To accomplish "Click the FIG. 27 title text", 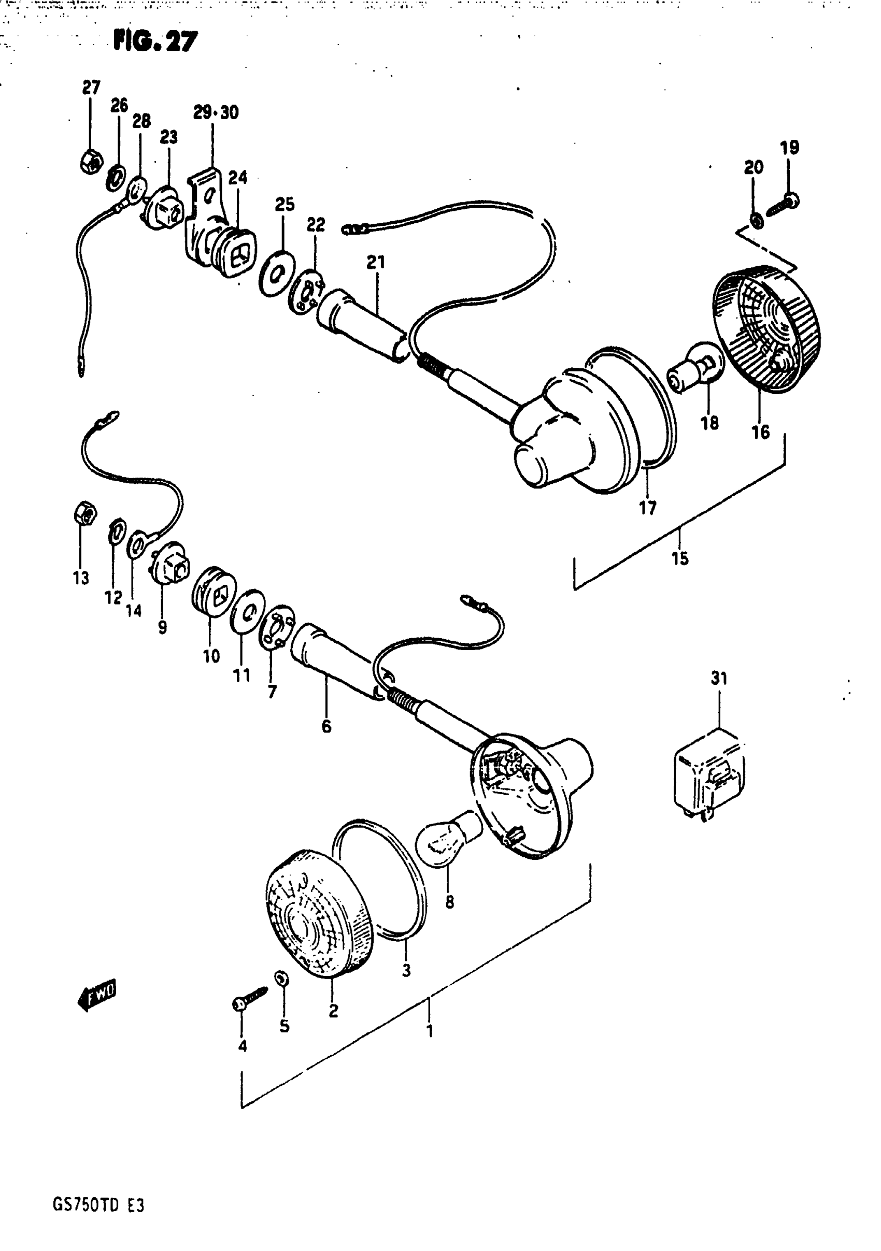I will pyautogui.click(x=155, y=41).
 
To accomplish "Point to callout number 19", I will pyautogui.click(x=789, y=148).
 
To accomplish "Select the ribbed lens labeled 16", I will pyautogui.click(x=766, y=329).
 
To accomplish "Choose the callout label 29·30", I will pyautogui.click(x=216, y=113).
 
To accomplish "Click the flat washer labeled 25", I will pyautogui.click(x=277, y=274).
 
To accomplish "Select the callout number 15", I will pyautogui.click(x=680, y=558).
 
